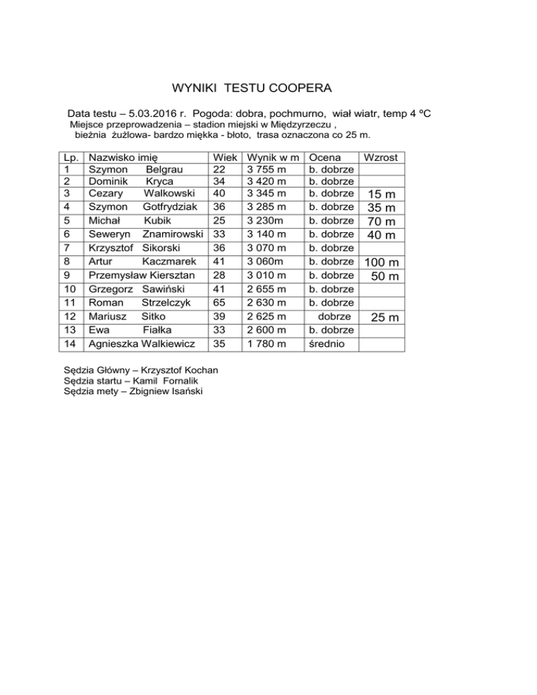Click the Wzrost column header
[381, 158]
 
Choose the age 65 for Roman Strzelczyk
[220, 303]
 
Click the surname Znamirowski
[173, 234]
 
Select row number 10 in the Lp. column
[69, 290]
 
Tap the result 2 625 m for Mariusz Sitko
[266, 317]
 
